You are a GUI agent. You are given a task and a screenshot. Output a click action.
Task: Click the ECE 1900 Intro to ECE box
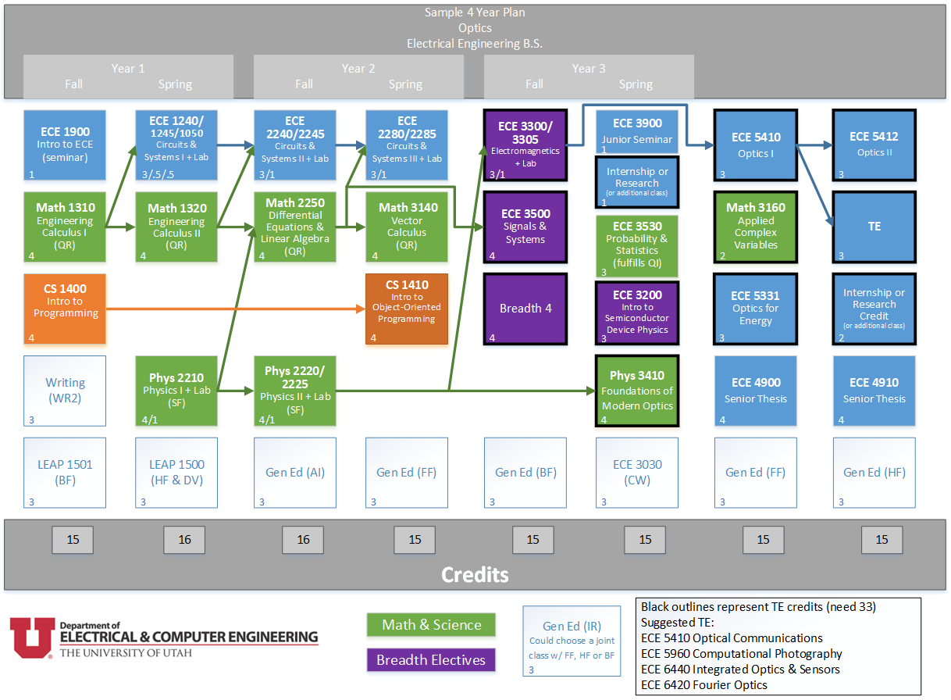click(x=65, y=145)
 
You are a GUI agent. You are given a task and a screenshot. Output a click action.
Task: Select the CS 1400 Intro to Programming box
click(x=65, y=309)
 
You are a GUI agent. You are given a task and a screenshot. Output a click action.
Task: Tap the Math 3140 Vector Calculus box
click(x=407, y=227)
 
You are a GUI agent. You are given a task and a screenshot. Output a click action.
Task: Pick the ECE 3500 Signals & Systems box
click(x=525, y=227)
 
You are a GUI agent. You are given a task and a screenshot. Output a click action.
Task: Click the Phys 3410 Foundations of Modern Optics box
click(x=637, y=390)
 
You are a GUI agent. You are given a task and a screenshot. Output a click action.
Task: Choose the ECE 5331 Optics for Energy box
click(x=755, y=308)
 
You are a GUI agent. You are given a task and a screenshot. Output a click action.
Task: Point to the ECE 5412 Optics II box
click(x=874, y=145)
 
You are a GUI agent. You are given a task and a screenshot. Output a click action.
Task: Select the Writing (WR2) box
click(x=65, y=390)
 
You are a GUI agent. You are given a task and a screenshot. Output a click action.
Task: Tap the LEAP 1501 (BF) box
click(x=65, y=472)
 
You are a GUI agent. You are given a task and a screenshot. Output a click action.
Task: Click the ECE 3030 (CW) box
click(x=637, y=472)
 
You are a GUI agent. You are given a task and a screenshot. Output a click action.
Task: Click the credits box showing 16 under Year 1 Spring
click(x=184, y=540)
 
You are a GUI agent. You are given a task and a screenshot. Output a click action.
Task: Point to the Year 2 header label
click(x=358, y=69)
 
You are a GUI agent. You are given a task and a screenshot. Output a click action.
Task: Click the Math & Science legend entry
click(x=431, y=625)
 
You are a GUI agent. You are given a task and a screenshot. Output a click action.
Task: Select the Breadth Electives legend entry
click(x=431, y=660)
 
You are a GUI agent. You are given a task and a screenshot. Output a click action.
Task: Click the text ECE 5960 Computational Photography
click(x=741, y=653)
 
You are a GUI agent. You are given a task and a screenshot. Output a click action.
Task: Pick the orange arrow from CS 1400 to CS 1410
click(x=234, y=309)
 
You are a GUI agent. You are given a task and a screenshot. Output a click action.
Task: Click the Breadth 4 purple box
click(x=525, y=309)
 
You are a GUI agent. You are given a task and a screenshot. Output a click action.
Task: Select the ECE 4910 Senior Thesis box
click(x=874, y=390)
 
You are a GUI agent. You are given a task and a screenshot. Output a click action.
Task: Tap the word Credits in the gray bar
click(x=475, y=575)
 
